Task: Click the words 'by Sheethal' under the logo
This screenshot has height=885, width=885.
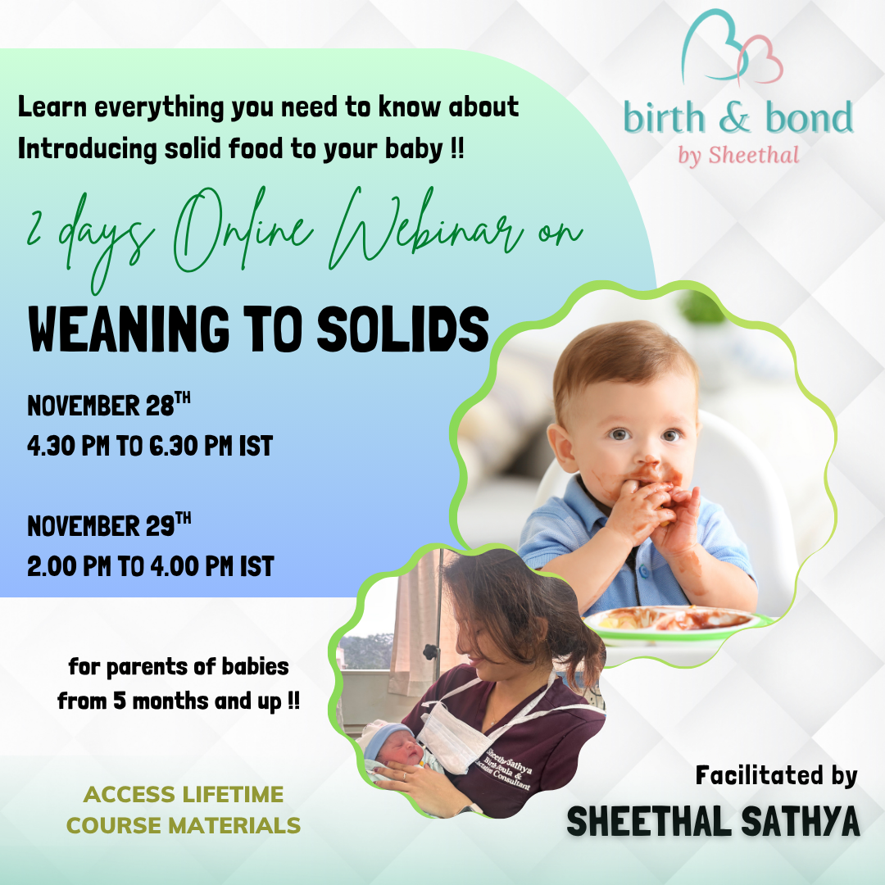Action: (737, 155)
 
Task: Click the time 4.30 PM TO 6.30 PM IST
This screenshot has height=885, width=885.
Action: (150, 447)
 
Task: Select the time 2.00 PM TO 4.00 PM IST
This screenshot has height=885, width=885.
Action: (150, 566)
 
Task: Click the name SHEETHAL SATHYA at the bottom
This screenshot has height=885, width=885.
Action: (713, 822)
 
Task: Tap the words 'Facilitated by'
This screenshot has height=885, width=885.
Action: (776, 775)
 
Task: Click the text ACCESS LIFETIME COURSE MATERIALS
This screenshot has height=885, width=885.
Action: (184, 810)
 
